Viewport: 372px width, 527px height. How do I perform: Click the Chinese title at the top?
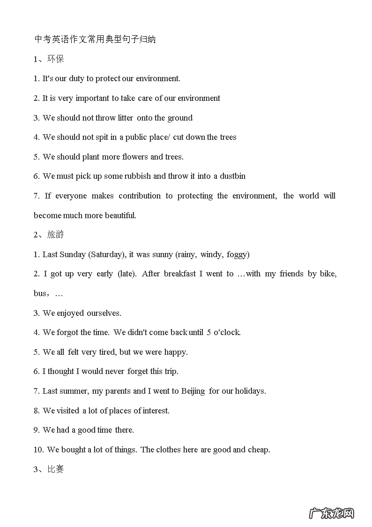[x=95, y=39]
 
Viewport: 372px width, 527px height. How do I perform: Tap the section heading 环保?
[x=55, y=59]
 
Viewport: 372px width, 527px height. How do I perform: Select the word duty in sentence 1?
[x=76, y=78]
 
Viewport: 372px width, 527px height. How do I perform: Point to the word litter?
[x=126, y=118]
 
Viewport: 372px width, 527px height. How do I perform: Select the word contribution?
[x=140, y=196]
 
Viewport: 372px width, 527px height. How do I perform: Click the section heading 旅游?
[x=55, y=235]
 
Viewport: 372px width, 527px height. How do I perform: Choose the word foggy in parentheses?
[x=238, y=254]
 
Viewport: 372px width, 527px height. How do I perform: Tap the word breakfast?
[x=179, y=274]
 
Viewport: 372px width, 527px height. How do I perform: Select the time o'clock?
[x=227, y=332]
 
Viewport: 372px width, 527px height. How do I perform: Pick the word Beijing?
[x=193, y=391]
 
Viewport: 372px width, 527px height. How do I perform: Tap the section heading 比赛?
[x=55, y=469]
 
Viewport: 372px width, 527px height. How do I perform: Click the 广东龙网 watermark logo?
[x=331, y=513]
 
